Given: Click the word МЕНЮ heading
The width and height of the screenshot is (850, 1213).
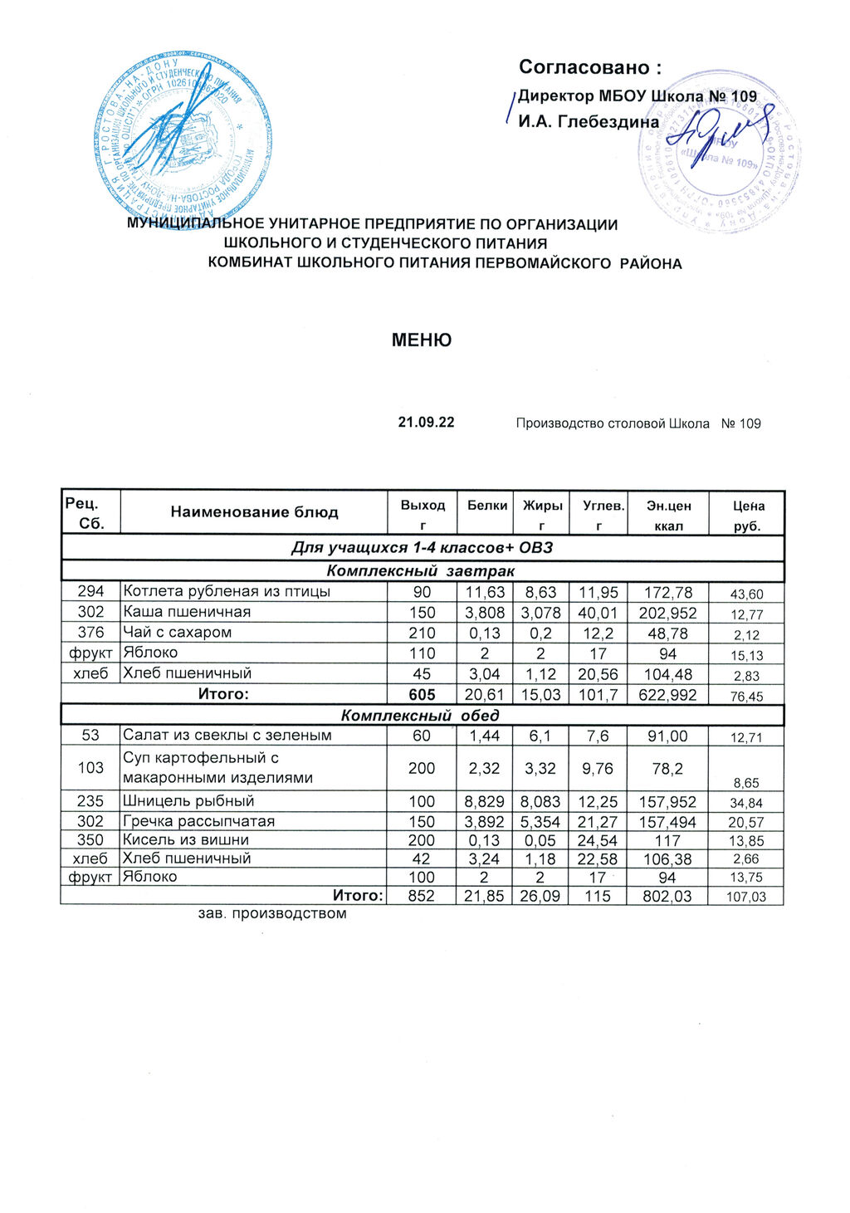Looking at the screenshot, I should coord(422,340).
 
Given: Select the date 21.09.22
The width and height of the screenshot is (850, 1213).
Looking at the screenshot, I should coord(426,423).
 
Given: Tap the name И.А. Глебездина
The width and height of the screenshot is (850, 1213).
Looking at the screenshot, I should coord(589,122).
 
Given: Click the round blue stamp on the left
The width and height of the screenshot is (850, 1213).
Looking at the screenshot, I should coord(183,139).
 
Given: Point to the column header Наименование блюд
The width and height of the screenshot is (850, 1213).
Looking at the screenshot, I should coord(254,512).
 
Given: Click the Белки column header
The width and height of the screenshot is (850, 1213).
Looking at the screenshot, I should coord(487,505).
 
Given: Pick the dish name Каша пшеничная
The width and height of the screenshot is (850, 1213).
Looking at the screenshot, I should coord(187,612).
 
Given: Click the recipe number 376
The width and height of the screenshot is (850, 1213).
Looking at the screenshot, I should coord(90,633).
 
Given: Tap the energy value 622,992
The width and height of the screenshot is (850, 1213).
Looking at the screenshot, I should coord(668,695).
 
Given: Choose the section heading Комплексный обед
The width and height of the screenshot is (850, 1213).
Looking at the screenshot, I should coord(421,716).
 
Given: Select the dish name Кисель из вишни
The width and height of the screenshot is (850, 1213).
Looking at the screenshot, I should coord(186,840).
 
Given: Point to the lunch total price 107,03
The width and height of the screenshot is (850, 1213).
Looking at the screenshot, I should coord(745,898).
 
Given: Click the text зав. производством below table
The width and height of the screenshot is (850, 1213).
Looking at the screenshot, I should coord(272,914).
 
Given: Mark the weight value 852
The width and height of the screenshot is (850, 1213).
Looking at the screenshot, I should coord(422,897).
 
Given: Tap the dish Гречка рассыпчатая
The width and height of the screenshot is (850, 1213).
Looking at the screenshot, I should coord(198,821).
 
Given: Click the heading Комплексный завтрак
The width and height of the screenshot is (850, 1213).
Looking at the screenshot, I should coord(421,571).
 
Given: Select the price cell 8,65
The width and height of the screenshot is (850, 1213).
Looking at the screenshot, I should coord(745,783).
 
